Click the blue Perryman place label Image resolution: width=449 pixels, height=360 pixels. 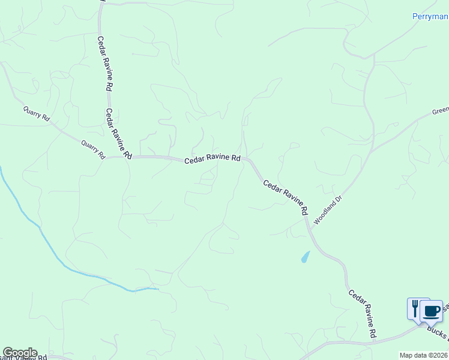(430, 16)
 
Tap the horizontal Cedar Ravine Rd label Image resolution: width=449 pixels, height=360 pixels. (212, 160)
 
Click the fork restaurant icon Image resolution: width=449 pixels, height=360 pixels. (415, 308)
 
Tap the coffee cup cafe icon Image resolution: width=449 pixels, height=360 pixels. (432, 311)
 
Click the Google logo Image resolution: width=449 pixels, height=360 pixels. (19, 353)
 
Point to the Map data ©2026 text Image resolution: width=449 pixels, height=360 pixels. (423, 355)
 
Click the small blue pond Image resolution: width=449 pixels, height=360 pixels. (306, 257)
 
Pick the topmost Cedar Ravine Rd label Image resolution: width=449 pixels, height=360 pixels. (106, 62)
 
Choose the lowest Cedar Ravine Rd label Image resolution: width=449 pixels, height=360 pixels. (363, 313)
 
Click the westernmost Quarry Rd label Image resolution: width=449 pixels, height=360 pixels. (36, 113)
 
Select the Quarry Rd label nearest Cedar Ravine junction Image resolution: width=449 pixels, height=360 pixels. (93, 148)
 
